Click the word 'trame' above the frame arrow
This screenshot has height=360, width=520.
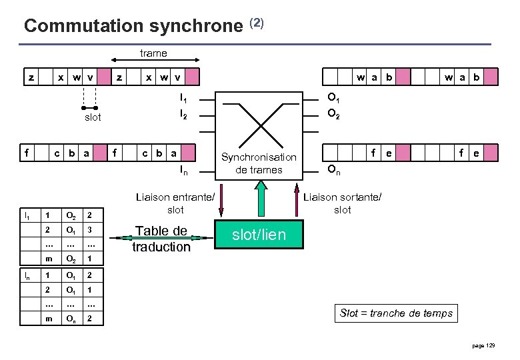[x=153, y=53]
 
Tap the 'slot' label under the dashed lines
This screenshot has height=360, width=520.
[x=92, y=117]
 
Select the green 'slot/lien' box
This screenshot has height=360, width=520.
[x=259, y=234]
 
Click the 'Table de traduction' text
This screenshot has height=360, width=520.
[x=161, y=239]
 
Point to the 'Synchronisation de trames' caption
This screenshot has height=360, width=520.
[x=259, y=163]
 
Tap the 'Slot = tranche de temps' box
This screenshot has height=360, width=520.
[x=396, y=313]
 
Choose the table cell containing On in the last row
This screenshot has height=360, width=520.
[x=69, y=319]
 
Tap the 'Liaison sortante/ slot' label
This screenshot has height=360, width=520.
[x=343, y=203]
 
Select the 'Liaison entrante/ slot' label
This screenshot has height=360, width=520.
[x=175, y=203]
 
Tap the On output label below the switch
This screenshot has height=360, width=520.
[x=334, y=171]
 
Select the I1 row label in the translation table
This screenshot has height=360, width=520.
[x=27, y=215]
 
